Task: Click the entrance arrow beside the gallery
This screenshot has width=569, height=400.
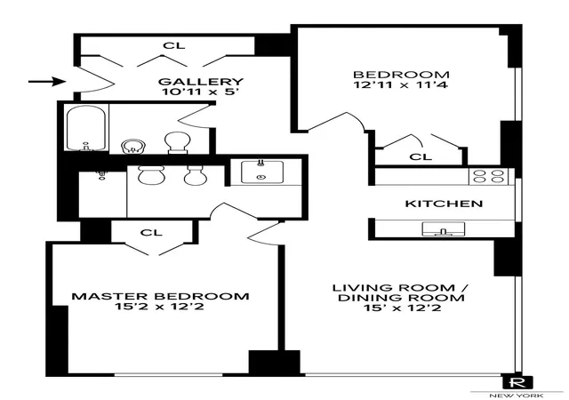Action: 47,81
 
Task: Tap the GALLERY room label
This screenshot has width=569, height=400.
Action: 201,82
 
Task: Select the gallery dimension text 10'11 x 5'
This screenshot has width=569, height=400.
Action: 201,92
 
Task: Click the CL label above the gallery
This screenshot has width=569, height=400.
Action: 174,45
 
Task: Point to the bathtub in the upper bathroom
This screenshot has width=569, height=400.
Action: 86,128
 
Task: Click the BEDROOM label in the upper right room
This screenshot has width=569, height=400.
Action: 401,75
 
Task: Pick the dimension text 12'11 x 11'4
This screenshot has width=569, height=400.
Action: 401,85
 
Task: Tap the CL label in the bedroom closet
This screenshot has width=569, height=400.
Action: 421,156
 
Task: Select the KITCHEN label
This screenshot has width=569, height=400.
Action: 444,204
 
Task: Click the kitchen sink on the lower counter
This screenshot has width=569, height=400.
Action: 444,229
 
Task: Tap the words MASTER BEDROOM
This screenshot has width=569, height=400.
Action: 160,296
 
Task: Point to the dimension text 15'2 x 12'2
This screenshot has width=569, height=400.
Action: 159,307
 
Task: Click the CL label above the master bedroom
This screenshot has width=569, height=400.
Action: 151,232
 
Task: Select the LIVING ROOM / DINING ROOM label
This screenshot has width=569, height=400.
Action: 401,293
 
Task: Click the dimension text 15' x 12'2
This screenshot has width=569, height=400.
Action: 403,308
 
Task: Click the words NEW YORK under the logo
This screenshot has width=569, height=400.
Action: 516,396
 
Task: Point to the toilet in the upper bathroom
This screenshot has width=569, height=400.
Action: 177,142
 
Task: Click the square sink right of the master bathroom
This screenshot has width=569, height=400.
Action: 262,172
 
